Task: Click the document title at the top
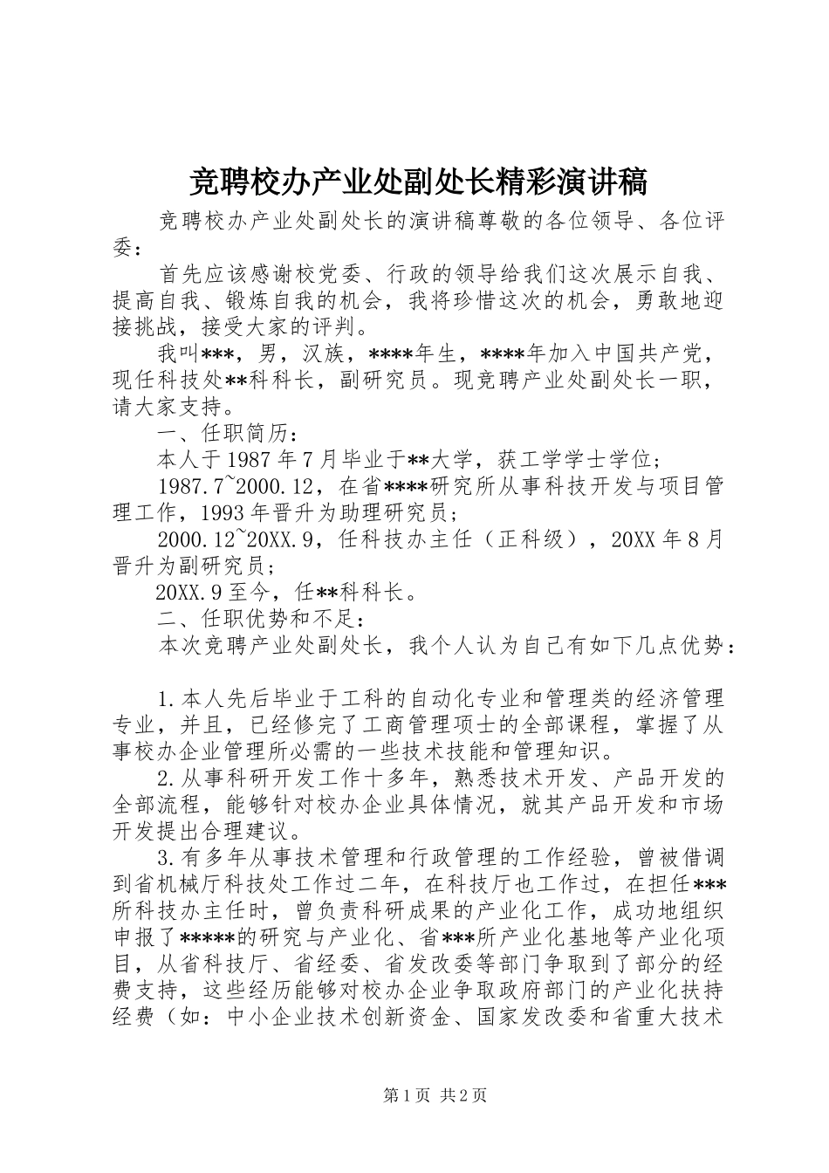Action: click(x=417, y=182)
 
